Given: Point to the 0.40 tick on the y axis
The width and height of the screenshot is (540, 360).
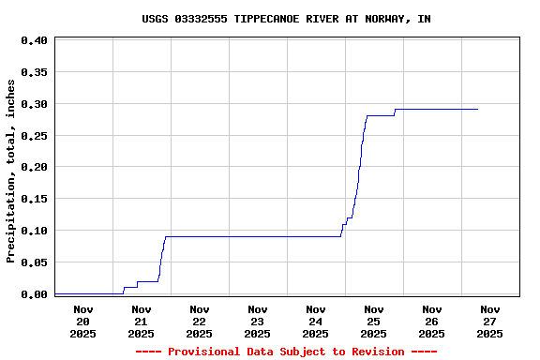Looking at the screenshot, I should coord(34,41).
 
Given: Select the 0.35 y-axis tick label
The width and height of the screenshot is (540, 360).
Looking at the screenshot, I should coord(34,72).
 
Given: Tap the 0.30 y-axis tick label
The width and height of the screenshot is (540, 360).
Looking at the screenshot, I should coord(34,104).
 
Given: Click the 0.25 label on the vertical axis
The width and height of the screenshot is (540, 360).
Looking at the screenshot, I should coord(34,136).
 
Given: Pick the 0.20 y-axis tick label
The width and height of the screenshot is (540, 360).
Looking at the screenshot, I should coord(34,168).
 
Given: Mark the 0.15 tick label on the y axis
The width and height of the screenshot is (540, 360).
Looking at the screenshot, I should coord(34,199).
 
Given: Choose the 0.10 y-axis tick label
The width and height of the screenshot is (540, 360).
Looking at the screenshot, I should coord(34,231).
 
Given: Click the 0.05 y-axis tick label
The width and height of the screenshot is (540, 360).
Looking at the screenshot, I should coord(34,262).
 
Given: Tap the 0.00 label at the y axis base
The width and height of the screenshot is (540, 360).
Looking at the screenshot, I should coord(34,294).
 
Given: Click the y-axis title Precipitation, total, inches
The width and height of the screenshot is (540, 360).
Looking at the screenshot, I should coord(11,171).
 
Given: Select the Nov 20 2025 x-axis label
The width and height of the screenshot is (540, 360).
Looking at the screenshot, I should coord(82,321).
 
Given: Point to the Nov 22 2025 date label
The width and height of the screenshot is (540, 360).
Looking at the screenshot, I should coord(199,321).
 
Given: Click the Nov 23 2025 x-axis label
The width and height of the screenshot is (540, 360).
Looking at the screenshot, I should coord(257,321).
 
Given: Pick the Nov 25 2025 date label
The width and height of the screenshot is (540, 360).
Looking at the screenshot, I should coord(373,321).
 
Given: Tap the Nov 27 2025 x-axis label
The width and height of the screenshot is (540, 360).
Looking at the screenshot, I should coord(489,321).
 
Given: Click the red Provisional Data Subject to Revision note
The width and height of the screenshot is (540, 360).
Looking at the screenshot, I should coord(286,352).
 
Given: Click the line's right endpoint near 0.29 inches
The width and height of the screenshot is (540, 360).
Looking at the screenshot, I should coord(477,110).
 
